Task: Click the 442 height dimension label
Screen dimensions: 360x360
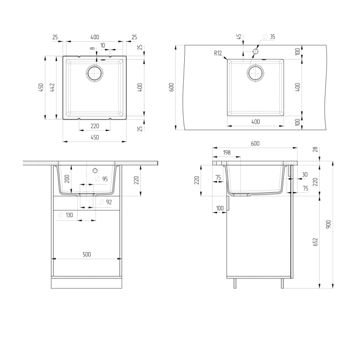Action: [x=52, y=87]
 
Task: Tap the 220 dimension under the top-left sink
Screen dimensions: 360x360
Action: [x=95, y=126]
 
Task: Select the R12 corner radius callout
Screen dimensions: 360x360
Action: [x=218, y=53]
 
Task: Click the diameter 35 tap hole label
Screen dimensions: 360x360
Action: [x=269, y=36]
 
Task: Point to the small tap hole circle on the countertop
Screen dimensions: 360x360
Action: [x=255, y=51]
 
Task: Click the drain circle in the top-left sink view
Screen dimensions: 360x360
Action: [x=95, y=73]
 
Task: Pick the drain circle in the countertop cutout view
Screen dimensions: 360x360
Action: [x=255, y=73]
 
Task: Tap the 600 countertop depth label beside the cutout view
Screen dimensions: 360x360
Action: [x=171, y=87]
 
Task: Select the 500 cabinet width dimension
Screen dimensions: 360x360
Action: [x=86, y=254]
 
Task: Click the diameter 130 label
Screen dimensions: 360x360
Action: [x=66, y=215]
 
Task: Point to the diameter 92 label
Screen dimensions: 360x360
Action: [x=106, y=202]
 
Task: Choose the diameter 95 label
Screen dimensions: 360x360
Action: [x=101, y=179]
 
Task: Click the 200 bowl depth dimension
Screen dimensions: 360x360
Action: [x=67, y=179]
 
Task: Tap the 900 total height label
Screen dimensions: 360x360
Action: [x=328, y=224]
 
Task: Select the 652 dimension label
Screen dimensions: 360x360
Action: [x=315, y=242]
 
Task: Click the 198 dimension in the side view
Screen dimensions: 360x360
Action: [x=227, y=153]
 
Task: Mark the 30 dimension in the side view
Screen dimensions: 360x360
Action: [x=305, y=175]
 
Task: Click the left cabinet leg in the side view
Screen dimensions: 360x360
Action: [x=235, y=283]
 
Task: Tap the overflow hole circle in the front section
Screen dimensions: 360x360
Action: [x=95, y=170]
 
